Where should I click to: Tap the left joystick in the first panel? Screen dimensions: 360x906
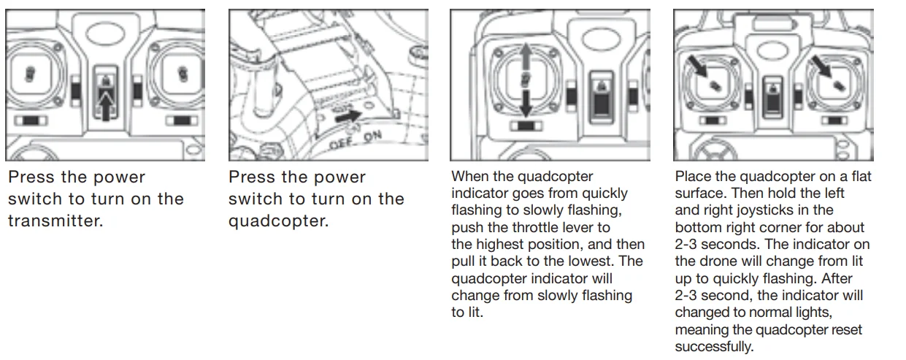click(x=30, y=74)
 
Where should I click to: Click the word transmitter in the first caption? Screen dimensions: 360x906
click(x=55, y=221)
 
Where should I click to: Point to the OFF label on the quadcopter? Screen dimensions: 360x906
click(x=341, y=144)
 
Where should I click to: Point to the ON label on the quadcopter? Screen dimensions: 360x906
click(x=372, y=136)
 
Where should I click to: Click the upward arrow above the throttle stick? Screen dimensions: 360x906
click(x=525, y=58)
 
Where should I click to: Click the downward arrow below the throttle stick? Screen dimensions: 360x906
click(x=525, y=102)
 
